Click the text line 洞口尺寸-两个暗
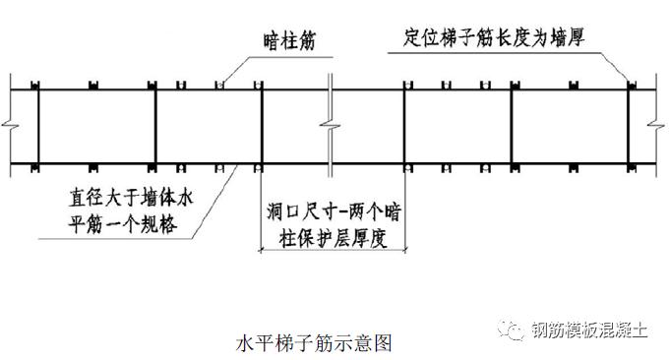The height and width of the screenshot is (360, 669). point(326,210)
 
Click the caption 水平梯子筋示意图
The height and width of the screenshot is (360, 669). point(315,344)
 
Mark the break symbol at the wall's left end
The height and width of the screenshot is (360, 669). point(9,125)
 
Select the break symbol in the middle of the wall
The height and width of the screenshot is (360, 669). point(335,125)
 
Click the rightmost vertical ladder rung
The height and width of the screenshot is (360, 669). point(631,125)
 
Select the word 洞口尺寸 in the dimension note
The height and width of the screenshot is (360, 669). point(299,210)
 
